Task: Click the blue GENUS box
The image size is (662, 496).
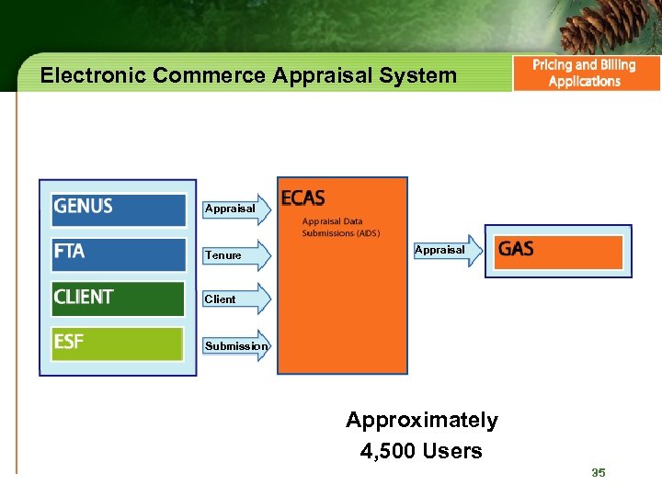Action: pyautogui.click(x=119, y=208)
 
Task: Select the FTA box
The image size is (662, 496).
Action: pyautogui.click(x=119, y=253)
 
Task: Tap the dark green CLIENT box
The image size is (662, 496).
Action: pyautogui.click(x=119, y=299)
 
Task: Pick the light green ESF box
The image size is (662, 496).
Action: pyautogui.click(x=119, y=344)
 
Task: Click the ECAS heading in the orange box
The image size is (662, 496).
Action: pyautogui.click(x=302, y=198)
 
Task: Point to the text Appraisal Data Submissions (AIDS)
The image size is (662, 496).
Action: pyautogui.click(x=340, y=227)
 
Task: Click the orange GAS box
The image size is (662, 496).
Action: pyautogui.click(x=558, y=251)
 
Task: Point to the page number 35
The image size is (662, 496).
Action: pyautogui.click(x=599, y=473)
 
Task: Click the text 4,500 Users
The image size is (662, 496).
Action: pyautogui.click(x=421, y=451)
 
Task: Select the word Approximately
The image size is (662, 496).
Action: pyautogui.click(x=421, y=421)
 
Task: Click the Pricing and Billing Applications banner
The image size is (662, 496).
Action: pyautogui.click(x=585, y=73)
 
